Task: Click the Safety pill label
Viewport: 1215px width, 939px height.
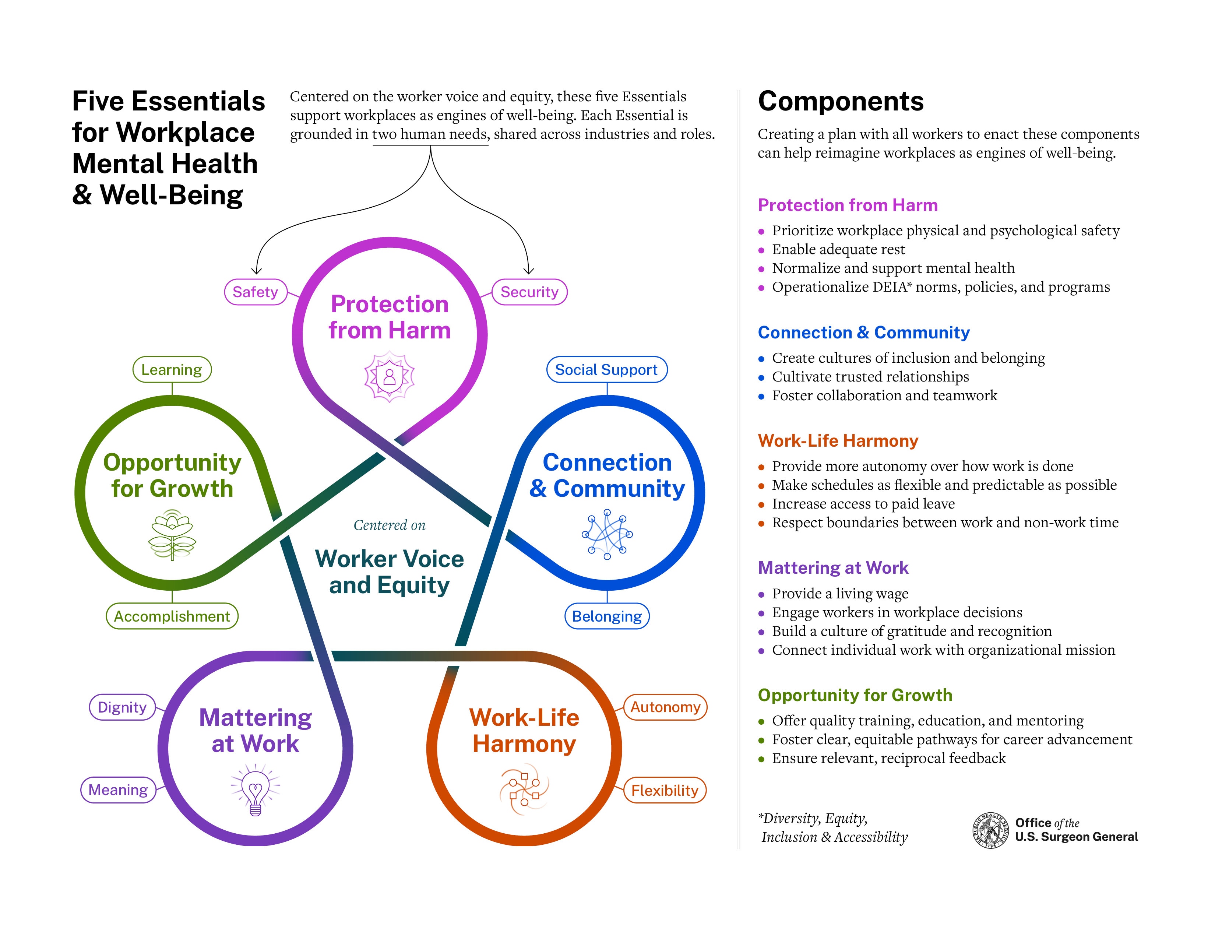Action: pyautogui.click(x=256, y=292)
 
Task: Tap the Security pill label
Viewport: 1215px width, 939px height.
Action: pyautogui.click(x=529, y=292)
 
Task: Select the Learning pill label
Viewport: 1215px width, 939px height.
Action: pyautogui.click(x=172, y=369)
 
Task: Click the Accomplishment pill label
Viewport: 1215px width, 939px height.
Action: pyautogui.click(x=172, y=616)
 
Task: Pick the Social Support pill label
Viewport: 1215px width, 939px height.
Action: pyautogui.click(x=606, y=369)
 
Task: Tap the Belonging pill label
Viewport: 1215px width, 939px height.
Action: pyautogui.click(x=607, y=616)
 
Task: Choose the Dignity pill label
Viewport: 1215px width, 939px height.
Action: pyautogui.click(x=122, y=707)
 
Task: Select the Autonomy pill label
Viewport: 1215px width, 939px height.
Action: pyautogui.click(x=665, y=707)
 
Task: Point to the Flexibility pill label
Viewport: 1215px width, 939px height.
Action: pyautogui.click(x=665, y=791)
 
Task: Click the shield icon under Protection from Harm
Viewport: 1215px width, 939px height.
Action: pyautogui.click(x=390, y=377)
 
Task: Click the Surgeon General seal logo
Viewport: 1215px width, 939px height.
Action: pyautogui.click(x=990, y=830)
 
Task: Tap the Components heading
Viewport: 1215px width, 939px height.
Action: pyautogui.click(x=841, y=101)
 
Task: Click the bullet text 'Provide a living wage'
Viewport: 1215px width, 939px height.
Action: pyautogui.click(x=840, y=594)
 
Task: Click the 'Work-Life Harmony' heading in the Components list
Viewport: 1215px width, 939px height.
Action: pyautogui.click(x=838, y=440)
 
